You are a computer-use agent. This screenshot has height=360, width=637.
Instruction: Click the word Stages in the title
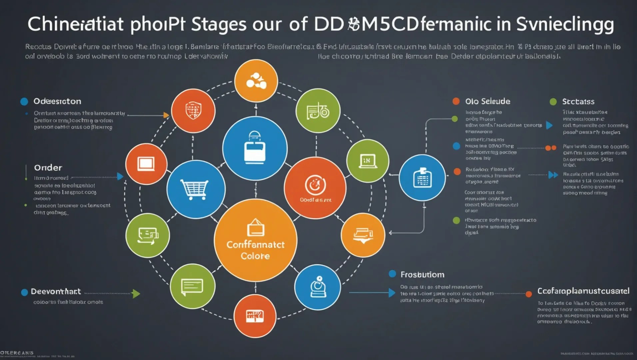coord(219,24)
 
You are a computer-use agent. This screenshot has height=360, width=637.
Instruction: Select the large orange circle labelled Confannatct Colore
coord(256,240)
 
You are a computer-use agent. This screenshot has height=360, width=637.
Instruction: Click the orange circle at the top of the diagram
coord(256,81)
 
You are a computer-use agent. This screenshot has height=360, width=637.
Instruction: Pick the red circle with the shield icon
coord(193,111)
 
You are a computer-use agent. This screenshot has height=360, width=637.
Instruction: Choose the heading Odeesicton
coord(57,101)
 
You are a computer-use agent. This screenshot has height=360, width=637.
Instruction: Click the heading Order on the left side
coord(48,168)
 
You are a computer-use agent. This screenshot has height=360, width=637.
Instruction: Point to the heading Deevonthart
coord(56,292)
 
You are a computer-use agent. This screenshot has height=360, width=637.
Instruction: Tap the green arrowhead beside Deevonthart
coord(136,294)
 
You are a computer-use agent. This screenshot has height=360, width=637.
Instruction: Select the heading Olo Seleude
coord(488,101)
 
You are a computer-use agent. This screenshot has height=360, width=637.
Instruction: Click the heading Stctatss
coord(578,102)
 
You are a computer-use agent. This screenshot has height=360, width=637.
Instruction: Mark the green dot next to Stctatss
coord(553,102)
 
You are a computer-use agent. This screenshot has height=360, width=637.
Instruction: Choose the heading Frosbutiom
coord(422,275)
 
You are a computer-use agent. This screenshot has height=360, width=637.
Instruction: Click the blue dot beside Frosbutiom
coord(392,274)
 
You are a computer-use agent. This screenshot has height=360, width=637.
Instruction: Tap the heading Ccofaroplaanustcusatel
coord(583,291)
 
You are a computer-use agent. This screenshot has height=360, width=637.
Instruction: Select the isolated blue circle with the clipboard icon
coord(422,178)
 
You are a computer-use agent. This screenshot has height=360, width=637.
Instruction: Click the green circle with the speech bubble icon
coord(193,286)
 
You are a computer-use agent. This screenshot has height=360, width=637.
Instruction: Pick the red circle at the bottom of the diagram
coord(255,316)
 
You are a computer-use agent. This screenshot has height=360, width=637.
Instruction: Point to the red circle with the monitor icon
coord(146,164)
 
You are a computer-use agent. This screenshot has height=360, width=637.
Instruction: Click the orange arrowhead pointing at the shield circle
coord(166,115)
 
